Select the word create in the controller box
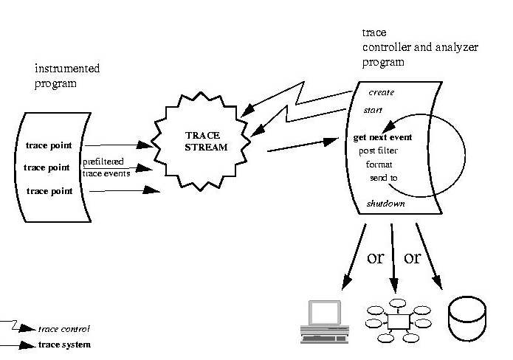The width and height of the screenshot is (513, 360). pos(381,93)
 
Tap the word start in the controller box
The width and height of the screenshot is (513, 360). pos(373,110)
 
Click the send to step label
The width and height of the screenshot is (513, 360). pos(383,178)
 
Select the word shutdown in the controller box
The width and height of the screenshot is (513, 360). pos(385,204)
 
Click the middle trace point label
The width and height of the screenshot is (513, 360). pos(47,167)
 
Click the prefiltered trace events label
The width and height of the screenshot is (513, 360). pos(107,167)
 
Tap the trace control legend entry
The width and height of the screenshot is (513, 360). pos(69,329)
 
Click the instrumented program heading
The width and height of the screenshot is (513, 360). pos(67,76)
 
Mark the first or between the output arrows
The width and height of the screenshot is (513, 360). pos(376,258)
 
